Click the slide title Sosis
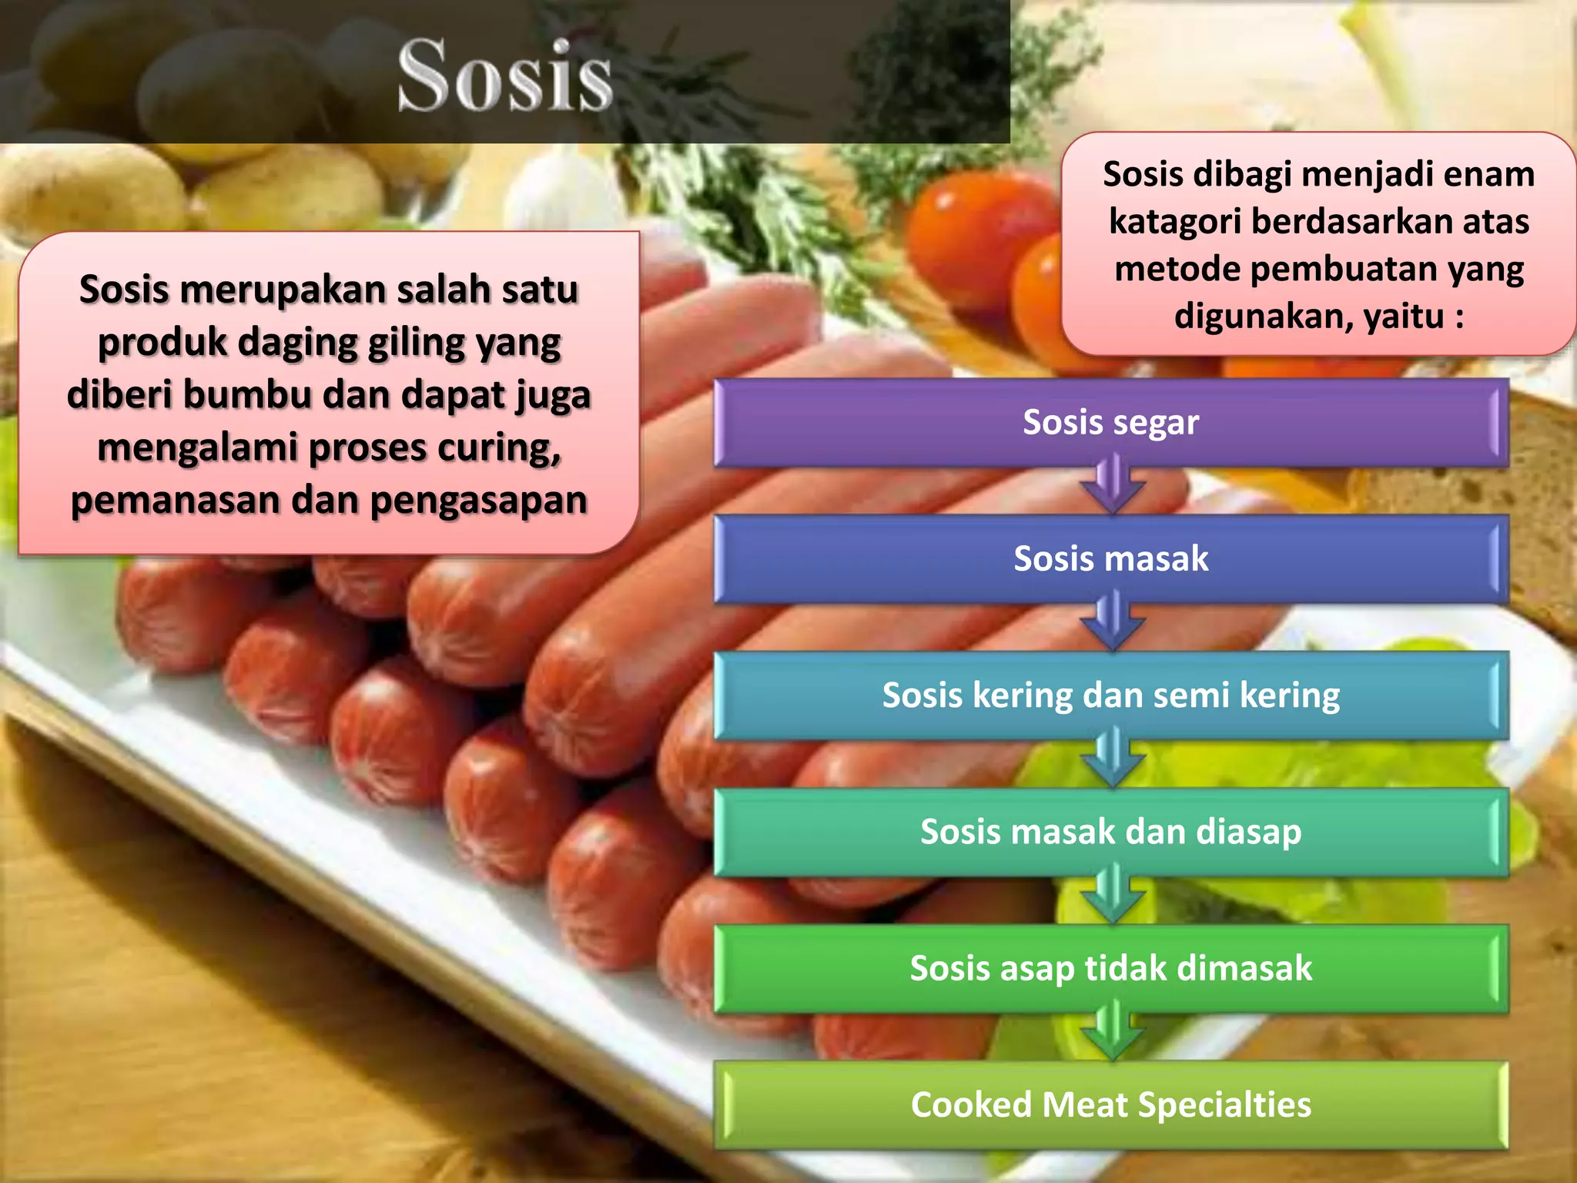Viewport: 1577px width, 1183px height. coord(505,75)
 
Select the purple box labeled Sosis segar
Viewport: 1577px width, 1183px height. coord(1110,422)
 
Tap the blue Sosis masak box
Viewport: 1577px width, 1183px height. coord(1110,558)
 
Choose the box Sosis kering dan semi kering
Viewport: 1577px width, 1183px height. coord(1110,695)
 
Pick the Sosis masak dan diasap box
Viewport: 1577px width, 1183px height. coord(1110,832)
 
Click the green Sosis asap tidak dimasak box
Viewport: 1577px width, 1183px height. coord(1110,968)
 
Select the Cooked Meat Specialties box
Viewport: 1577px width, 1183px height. coord(1110,1104)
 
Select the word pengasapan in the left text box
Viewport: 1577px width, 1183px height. coord(478,501)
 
